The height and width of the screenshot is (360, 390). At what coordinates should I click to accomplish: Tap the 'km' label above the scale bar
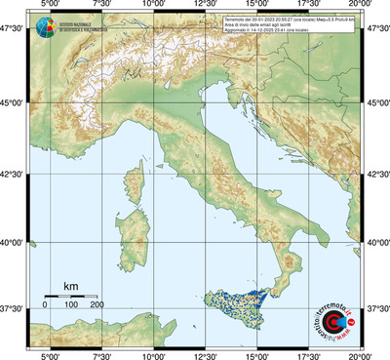[x=70, y=285]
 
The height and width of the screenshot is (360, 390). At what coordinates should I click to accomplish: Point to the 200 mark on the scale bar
[x=97, y=305]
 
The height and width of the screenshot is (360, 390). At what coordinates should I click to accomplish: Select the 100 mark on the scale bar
[x=71, y=305]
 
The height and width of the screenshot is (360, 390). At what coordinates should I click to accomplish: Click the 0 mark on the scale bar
[x=45, y=305]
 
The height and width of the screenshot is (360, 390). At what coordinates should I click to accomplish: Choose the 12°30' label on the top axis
[x=206, y=6]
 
